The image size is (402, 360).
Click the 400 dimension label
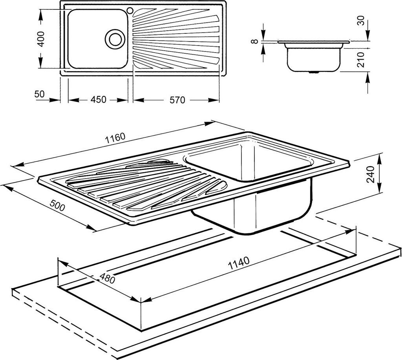click(x=41, y=39)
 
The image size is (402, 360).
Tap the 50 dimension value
click(x=40, y=94)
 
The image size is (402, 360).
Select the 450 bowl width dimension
click(x=98, y=99)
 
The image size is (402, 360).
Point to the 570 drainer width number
click(x=177, y=100)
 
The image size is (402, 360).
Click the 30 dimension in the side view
click(x=361, y=20)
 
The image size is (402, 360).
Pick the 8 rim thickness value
click(x=254, y=41)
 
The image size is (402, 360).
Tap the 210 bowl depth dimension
click(x=361, y=60)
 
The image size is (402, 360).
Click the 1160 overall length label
click(x=115, y=138)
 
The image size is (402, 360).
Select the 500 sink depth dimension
click(x=57, y=205)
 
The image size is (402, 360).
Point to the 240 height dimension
click(x=371, y=174)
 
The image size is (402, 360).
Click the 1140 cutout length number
click(x=239, y=263)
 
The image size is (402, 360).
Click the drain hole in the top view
click(x=115, y=39)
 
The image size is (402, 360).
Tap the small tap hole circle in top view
click(x=130, y=11)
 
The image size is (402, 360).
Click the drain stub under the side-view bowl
click(x=313, y=72)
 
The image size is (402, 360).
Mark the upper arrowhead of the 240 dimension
click(x=380, y=157)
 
